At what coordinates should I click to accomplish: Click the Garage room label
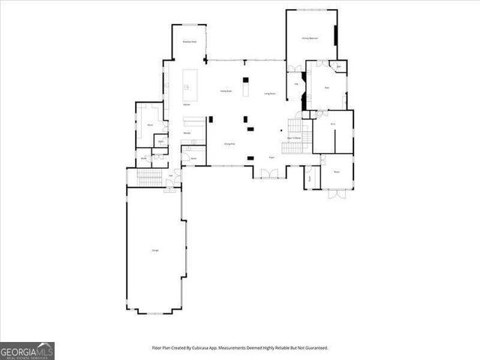coord(154,250)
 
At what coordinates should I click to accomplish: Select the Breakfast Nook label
coord(190,42)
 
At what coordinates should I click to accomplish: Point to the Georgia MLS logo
coord(27,350)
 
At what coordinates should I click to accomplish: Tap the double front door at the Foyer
coord(268,173)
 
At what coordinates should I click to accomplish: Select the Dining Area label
coord(229,142)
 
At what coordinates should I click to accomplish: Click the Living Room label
coord(270,94)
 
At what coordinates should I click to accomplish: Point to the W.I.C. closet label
coord(333,124)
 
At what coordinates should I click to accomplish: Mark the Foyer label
coord(271,157)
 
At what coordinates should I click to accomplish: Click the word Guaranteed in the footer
coord(314,348)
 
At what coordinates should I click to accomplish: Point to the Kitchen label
coord(186,105)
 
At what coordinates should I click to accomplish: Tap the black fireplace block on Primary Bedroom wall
coord(336,34)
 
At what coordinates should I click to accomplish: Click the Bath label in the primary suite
coord(327,88)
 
